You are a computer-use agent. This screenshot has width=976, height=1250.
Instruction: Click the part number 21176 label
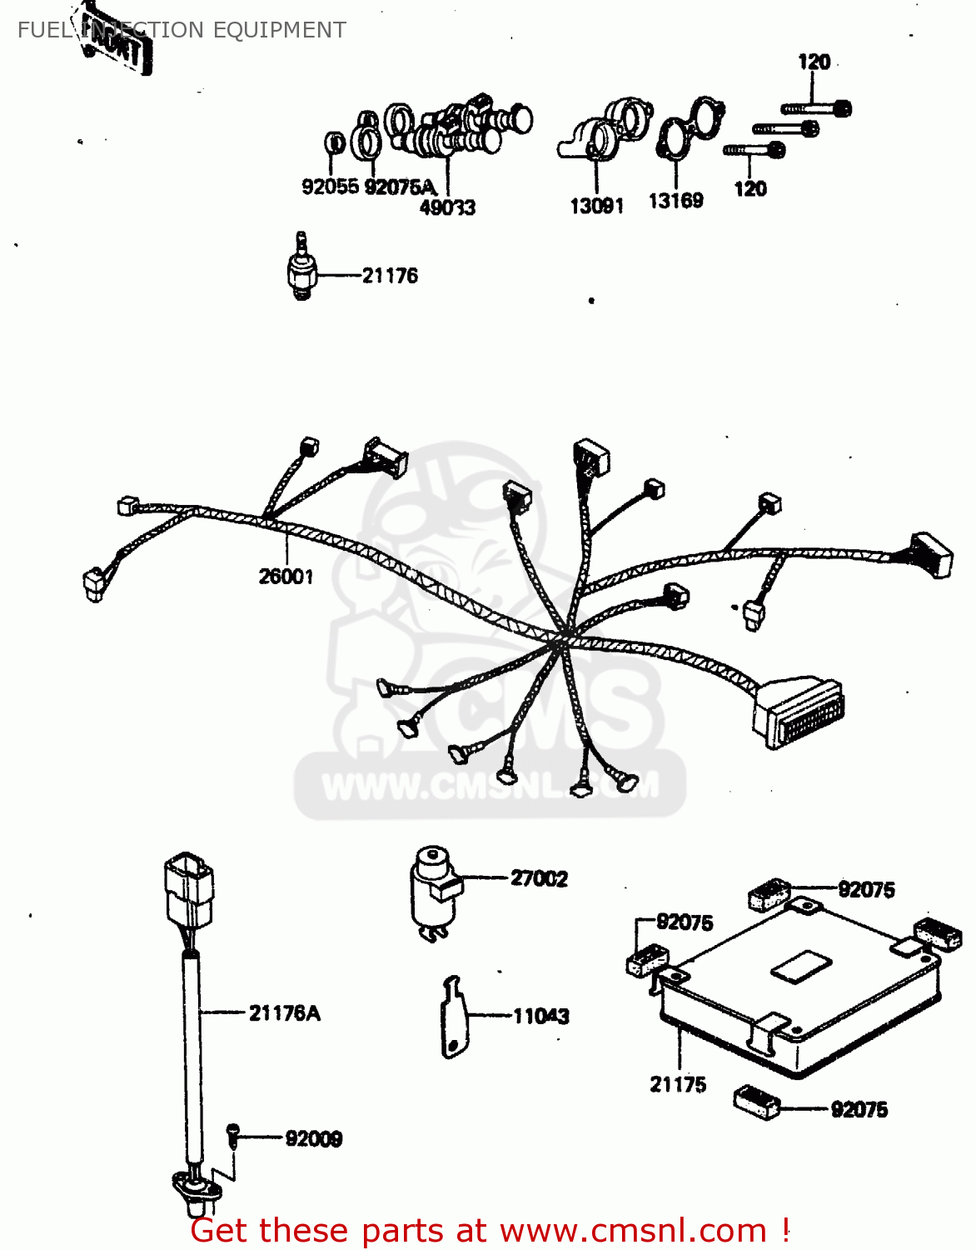click(x=390, y=276)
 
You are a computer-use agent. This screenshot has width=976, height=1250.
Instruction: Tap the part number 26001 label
click(x=286, y=576)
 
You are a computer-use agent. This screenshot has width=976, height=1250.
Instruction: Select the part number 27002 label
click(x=539, y=878)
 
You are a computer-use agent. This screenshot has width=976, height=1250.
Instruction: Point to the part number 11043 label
click(x=541, y=1016)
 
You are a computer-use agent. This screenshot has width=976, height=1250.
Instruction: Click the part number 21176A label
click(x=284, y=1013)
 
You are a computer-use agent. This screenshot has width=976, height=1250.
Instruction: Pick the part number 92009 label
click(x=313, y=1138)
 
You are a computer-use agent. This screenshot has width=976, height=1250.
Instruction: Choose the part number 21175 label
click(x=678, y=1084)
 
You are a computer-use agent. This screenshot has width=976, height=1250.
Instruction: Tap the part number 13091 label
click(x=596, y=206)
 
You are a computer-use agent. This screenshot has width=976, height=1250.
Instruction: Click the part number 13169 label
click(x=675, y=201)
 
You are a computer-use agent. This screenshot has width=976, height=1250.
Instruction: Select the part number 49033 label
click(x=447, y=207)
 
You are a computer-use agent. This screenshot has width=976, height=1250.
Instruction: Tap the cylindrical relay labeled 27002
click(x=434, y=892)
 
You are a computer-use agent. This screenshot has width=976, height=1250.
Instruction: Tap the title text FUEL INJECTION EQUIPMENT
click(x=182, y=30)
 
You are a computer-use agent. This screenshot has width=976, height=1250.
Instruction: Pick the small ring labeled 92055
click(x=334, y=143)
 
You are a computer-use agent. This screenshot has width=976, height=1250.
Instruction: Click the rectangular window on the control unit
click(x=801, y=965)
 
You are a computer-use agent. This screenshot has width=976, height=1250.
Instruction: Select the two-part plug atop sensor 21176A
click(x=189, y=888)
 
